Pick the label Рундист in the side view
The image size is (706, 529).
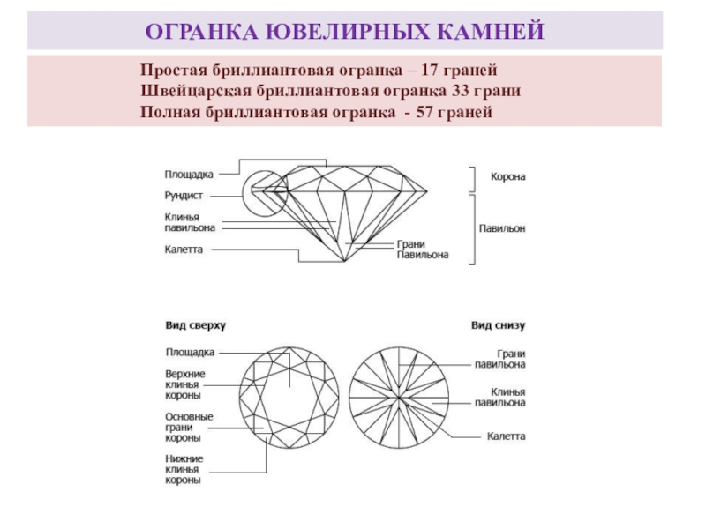coord(184,195)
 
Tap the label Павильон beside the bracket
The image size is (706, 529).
coord(502,227)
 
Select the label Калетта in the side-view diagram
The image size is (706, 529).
coord(184,250)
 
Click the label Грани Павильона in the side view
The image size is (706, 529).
coord(422,250)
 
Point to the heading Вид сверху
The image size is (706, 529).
coord(196,325)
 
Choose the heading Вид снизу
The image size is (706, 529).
coord(498,325)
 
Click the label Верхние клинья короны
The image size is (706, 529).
coord(184,384)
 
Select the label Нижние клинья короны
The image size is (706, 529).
coord(184,469)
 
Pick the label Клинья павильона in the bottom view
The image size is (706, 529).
coord(501,397)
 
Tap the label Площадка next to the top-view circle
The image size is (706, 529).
coord(189,352)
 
